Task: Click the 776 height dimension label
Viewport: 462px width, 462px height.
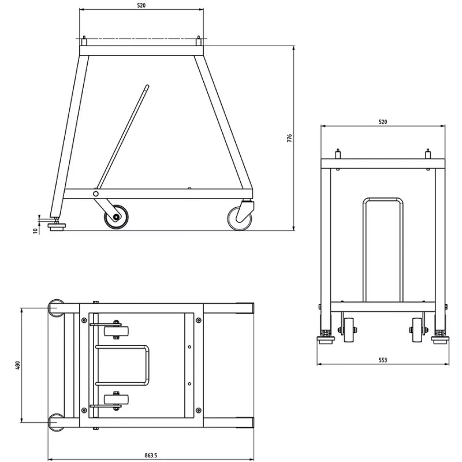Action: (x=290, y=139)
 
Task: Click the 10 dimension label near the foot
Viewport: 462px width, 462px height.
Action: (x=35, y=230)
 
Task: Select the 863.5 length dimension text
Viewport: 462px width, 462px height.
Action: (x=151, y=456)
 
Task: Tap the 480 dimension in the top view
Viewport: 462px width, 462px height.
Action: (x=17, y=365)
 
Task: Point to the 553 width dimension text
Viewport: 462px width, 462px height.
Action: (x=382, y=360)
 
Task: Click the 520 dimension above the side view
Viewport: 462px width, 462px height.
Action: (x=141, y=5)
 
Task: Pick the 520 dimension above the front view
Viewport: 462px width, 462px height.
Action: (x=382, y=122)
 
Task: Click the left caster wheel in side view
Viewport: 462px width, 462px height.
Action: (x=116, y=218)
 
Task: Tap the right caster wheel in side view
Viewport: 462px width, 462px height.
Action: (x=240, y=218)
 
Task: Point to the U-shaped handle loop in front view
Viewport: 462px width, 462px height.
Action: (x=383, y=248)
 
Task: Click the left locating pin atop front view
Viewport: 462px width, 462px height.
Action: (x=338, y=154)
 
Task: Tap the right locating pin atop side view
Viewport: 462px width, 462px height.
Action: (x=199, y=41)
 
